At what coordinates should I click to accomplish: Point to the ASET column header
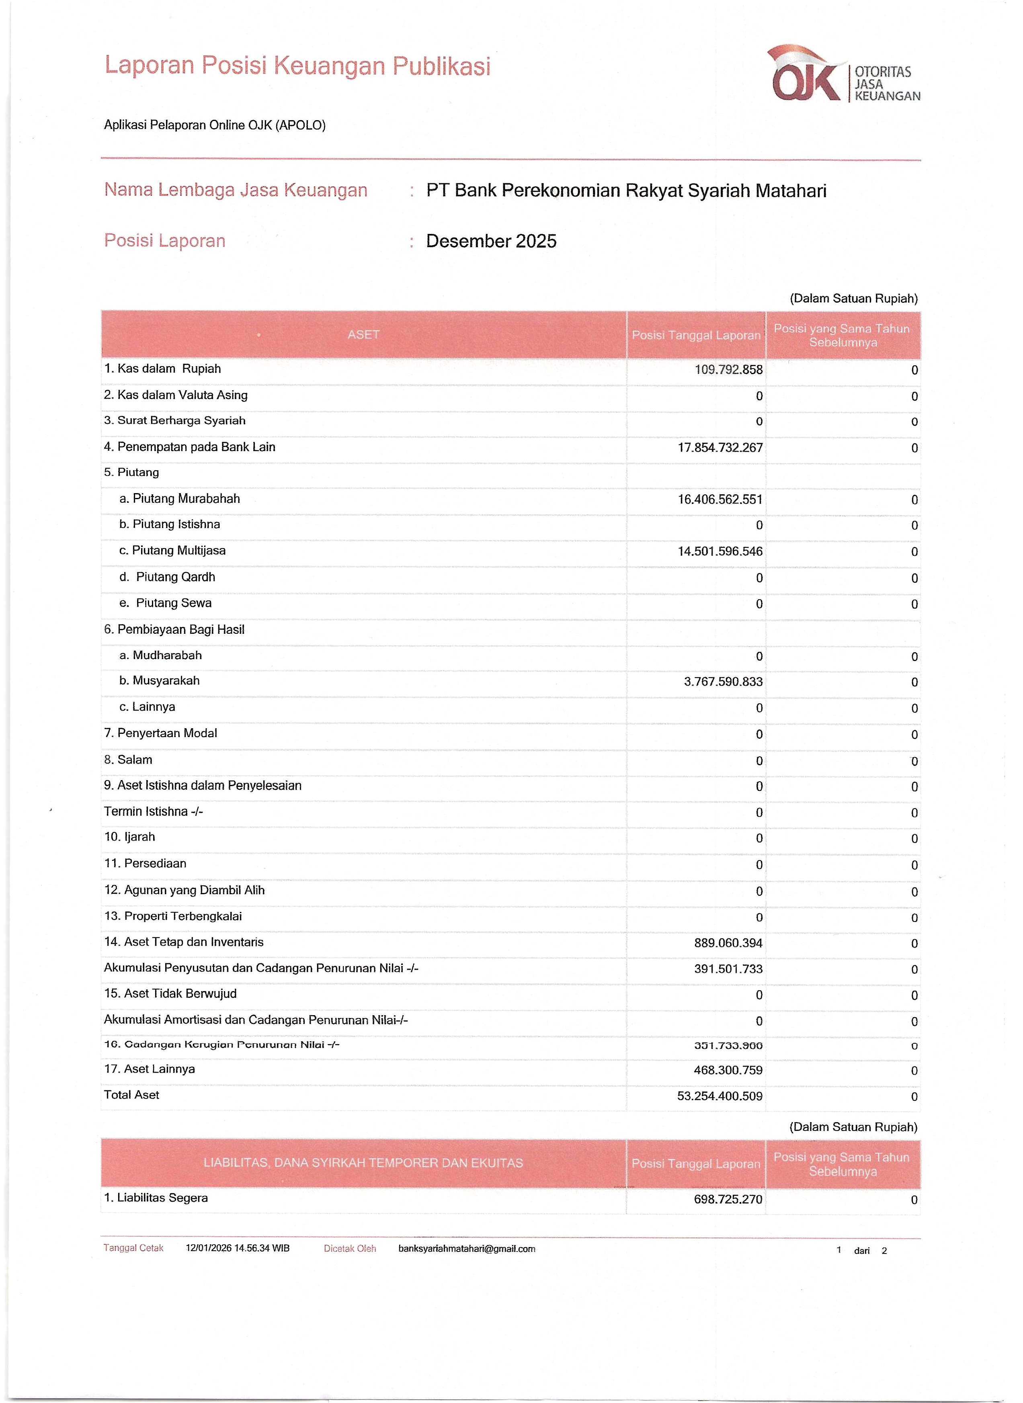pos(363,335)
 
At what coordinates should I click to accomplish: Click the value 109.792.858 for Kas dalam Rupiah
pos(728,370)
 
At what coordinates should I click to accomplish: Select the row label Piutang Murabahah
pos(186,498)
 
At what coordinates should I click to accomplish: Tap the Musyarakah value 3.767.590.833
pos(723,682)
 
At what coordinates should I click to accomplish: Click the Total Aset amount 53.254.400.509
pos(720,1096)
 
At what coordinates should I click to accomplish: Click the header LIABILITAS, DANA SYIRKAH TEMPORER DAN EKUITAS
pos(363,1163)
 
